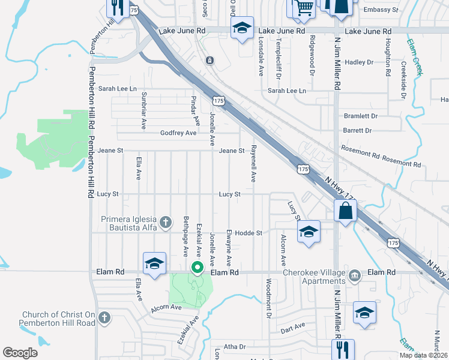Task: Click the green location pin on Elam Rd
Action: coord(196,268)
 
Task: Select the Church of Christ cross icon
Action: coord(104,317)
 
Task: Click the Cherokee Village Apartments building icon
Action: coord(355,274)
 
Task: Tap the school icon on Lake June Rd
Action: coord(242,29)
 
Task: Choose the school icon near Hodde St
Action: coord(309,232)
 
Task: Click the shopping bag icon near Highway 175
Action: coord(345,211)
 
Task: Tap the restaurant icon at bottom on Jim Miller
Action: coord(343,349)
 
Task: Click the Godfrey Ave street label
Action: coord(178,133)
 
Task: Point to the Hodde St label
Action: coord(249,233)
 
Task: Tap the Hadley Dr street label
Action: coord(359,62)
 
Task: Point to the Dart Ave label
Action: coord(293,325)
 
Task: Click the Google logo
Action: coord(20,353)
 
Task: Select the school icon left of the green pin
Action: coord(154,264)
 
